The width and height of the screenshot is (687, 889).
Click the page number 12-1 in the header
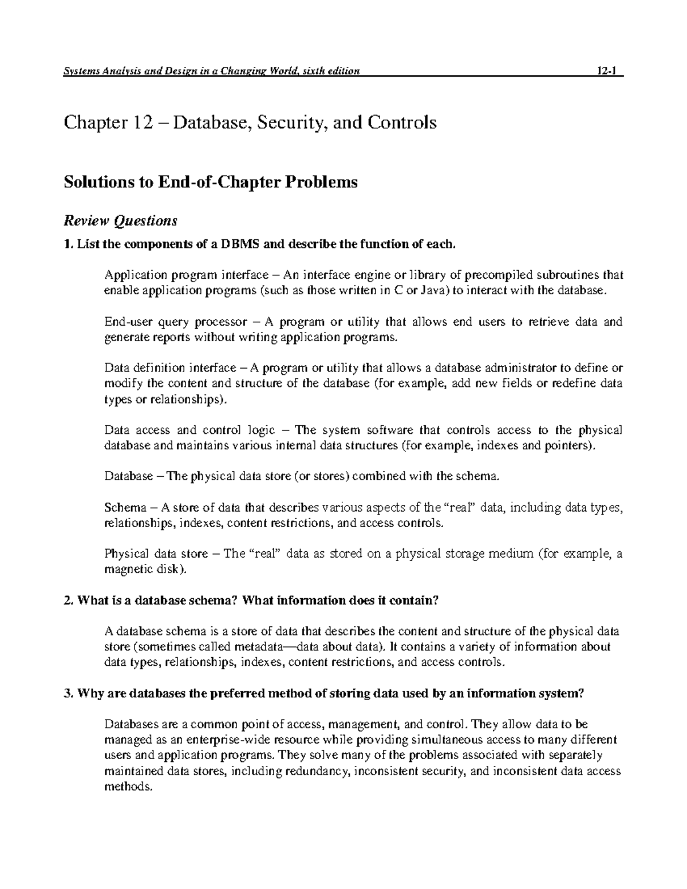click(x=605, y=71)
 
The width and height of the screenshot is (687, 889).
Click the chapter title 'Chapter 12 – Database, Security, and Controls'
click(x=250, y=123)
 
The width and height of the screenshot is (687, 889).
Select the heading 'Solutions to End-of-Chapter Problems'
click(x=211, y=182)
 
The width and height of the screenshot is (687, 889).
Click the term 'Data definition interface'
click(x=169, y=368)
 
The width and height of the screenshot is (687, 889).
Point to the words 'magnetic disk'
click(x=143, y=569)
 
